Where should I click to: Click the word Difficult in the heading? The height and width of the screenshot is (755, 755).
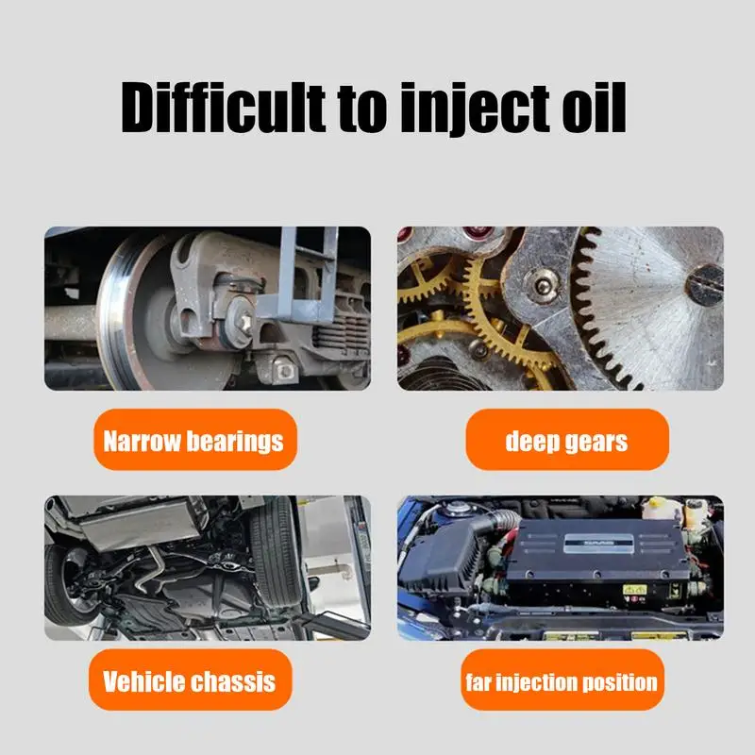(223, 108)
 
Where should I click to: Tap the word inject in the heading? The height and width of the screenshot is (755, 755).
(475, 109)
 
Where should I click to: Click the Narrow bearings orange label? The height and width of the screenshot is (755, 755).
(195, 440)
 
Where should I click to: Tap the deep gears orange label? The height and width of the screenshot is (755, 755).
(567, 440)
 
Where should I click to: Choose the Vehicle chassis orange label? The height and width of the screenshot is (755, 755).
(191, 679)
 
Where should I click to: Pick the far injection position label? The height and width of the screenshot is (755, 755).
(562, 679)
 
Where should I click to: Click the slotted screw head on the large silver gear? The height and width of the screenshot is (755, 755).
(703, 284)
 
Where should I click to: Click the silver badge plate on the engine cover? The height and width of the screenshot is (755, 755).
(598, 544)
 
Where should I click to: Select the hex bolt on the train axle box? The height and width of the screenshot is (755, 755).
(246, 320)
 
